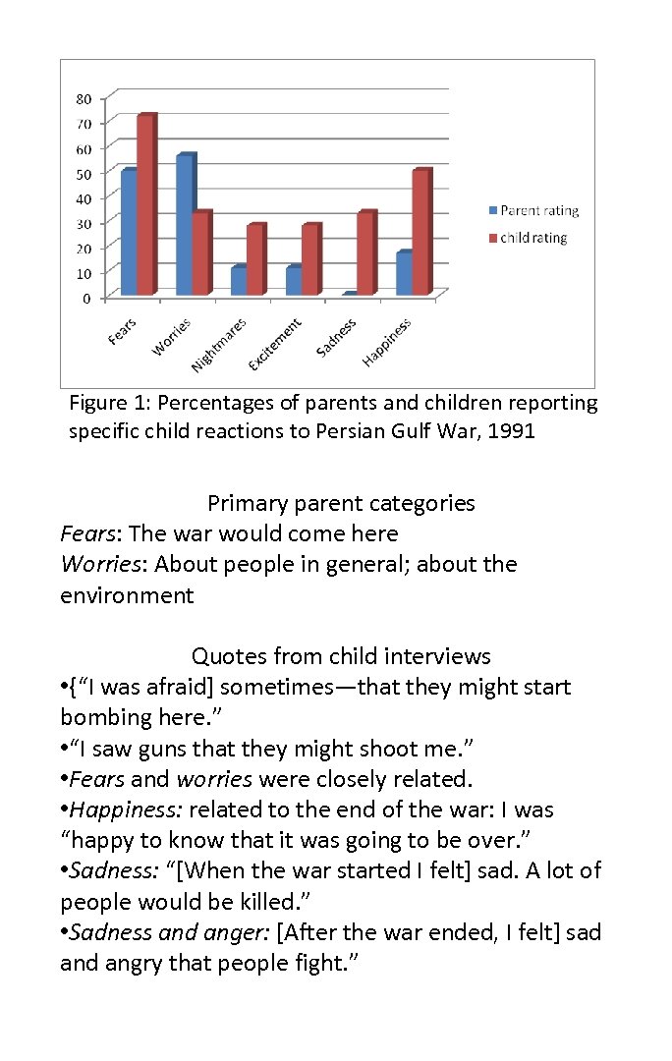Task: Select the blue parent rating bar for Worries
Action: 184,225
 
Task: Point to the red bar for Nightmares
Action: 254,259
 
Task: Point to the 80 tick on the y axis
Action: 84,97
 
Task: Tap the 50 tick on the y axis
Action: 84,173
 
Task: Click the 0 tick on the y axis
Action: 88,297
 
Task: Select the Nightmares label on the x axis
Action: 219,346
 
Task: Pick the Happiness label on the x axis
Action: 387,342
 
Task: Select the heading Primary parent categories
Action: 341,503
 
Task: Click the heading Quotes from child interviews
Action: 341,655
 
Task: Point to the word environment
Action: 127,595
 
